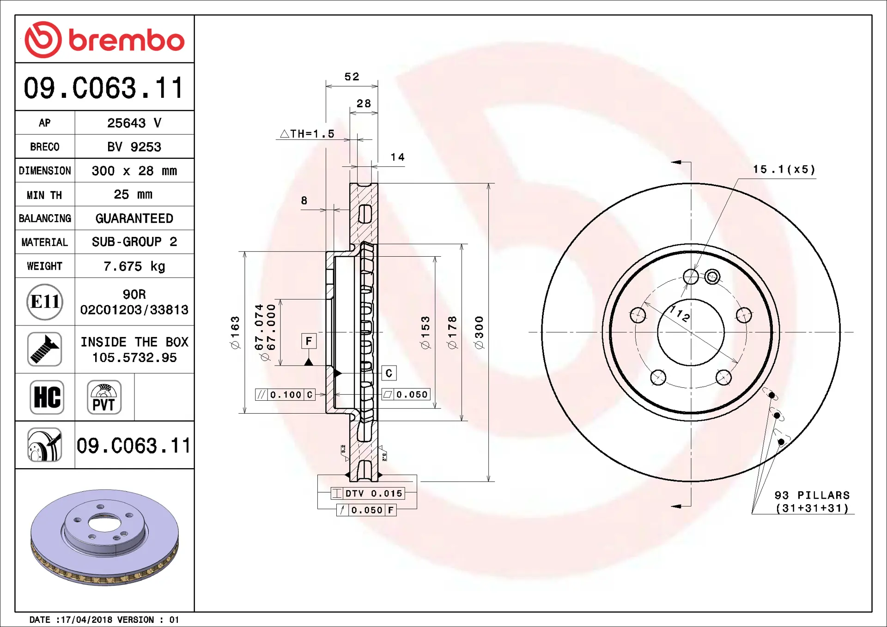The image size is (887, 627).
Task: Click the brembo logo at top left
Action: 104,40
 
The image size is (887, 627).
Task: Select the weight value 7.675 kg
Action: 134,266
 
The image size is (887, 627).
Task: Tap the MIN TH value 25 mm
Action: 133,194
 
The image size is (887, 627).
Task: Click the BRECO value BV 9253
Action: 134,147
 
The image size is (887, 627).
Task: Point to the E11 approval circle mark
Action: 45,302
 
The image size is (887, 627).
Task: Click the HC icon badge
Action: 47,397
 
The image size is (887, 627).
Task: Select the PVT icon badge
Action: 104,397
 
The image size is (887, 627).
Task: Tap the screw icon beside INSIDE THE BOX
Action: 45,349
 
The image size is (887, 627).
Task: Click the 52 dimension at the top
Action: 352,77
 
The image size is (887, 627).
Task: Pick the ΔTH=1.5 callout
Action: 307,134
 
